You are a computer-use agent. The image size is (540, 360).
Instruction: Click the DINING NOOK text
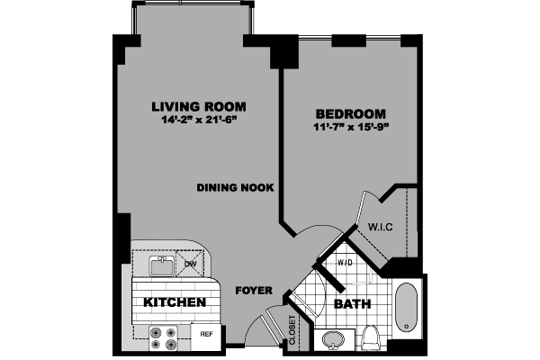236,187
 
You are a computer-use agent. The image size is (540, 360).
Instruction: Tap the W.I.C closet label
381,227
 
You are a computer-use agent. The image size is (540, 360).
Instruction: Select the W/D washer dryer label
345,263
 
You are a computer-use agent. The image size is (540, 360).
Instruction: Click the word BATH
353,304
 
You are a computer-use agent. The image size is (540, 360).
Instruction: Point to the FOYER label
253,292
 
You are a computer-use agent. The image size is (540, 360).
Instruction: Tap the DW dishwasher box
191,265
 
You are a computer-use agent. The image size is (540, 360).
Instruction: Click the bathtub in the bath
408,309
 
